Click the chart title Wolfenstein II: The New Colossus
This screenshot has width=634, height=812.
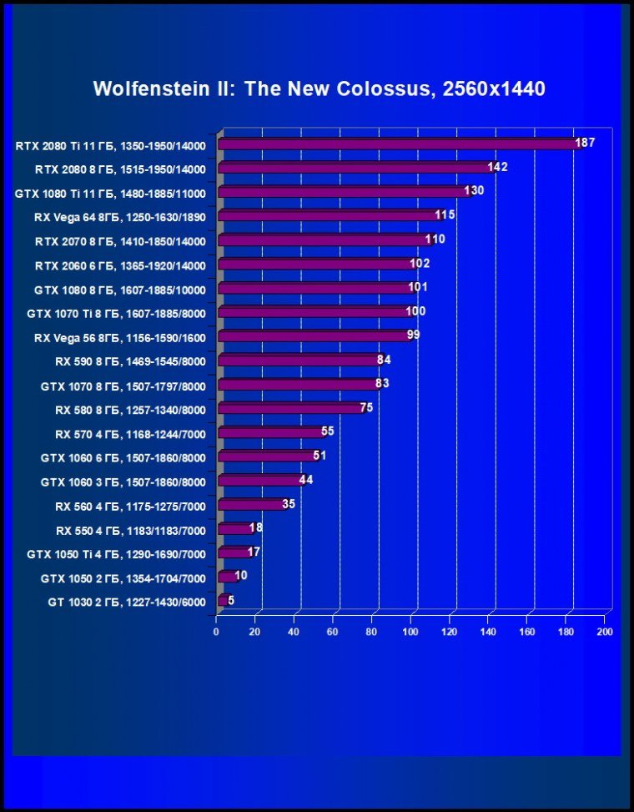pyautogui.click(x=319, y=88)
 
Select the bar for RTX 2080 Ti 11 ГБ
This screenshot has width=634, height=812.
pyautogui.click(x=396, y=144)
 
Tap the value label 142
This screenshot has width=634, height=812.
pyautogui.click(x=498, y=168)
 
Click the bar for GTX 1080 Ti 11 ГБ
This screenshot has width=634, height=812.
pyautogui.click(x=342, y=193)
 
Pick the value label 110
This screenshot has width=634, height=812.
pyautogui.click(x=435, y=240)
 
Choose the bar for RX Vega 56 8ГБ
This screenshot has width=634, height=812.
pyautogui.click(x=312, y=336)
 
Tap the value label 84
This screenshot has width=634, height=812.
pyautogui.click(x=384, y=360)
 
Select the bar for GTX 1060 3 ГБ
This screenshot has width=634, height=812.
pyautogui.click(x=259, y=482)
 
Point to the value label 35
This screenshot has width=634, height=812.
pyautogui.click(x=289, y=504)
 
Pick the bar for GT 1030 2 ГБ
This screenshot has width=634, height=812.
pyautogui.click(x=222, y=601)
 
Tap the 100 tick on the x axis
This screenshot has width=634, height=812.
pyautogui.click(x=410, y=632)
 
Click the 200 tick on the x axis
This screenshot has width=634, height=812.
pyautogui.click(x=605, y=632)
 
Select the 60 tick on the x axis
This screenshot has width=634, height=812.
pyautogui.click(x=333, y=632)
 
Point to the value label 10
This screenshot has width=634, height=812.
pyautogui.click(x=240, y=576)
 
